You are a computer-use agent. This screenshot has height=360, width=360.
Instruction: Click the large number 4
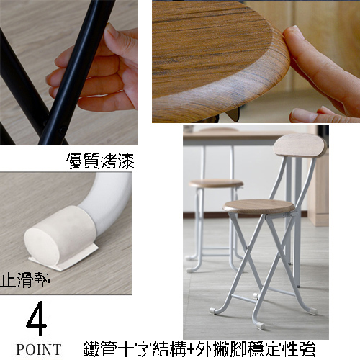click(x=37, y=318)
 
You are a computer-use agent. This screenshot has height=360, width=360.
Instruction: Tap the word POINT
click(x=39, y=349)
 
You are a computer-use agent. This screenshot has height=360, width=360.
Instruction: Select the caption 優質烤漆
click(x=100, y=161)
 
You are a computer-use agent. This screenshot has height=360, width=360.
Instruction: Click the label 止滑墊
click(x=25, y=280)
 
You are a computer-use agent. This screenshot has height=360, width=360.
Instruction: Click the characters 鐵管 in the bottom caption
click(x=101, y=349)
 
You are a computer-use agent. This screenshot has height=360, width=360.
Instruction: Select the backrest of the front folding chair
click(x=300, y=145)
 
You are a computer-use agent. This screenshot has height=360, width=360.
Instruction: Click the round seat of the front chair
click(x=258, y=207)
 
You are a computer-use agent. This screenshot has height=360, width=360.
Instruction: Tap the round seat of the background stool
click(x=216, y=184)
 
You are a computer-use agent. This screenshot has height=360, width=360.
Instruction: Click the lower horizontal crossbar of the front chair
click(x=243, y=298)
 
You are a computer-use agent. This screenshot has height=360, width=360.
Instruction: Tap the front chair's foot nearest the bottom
click(x=259, y=325)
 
